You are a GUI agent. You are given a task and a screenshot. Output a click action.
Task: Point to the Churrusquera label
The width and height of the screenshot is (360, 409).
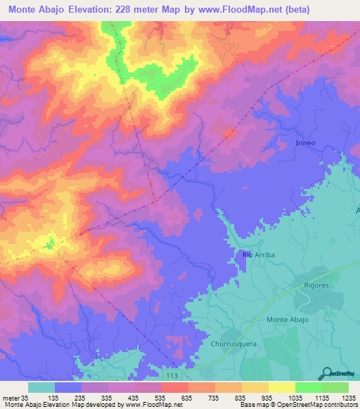click(233, 344)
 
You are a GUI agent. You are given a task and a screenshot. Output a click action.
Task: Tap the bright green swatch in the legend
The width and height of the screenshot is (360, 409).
click(309, 387)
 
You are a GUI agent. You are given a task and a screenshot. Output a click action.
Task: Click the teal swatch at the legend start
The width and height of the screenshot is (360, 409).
click(41, 387)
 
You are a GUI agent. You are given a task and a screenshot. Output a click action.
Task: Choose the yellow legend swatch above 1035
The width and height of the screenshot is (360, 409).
click(282, 387)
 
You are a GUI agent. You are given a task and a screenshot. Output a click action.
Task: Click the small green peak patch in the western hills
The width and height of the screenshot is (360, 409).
click(49, 245)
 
